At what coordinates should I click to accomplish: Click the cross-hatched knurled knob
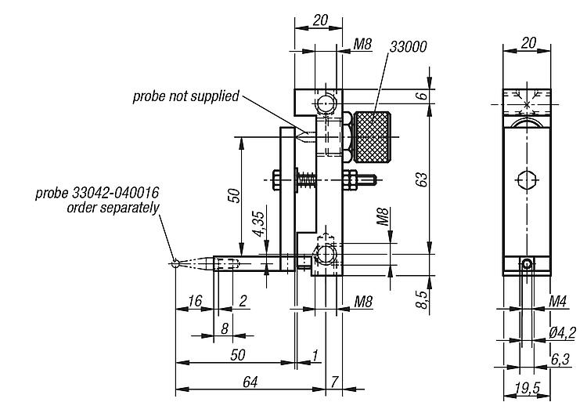coord(372,137)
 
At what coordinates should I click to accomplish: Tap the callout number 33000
coord(408,47)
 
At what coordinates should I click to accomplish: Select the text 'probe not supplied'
coord(185,96)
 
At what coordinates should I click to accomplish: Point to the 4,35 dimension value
coord(259,224)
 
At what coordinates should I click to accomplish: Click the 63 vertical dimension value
coord(422,179)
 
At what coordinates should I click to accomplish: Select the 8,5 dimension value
coord(422,299)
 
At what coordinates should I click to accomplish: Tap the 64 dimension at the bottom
coord(250,382)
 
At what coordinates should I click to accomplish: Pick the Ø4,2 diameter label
coord(562,333)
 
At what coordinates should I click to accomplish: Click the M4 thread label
coord(558,301)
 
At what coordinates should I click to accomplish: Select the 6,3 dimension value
coord(560,360)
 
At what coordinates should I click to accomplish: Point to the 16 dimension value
coord(195,301)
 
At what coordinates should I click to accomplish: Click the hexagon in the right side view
coord(527,180)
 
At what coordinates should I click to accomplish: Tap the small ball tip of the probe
coord(175,264)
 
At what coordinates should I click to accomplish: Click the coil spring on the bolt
coord(308,180)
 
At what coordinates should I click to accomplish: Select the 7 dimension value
coord(334,382)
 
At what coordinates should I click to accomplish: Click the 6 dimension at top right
coord(422,96)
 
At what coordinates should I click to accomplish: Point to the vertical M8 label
coord(383,216)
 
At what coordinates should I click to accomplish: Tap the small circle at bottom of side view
coord(527,264)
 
